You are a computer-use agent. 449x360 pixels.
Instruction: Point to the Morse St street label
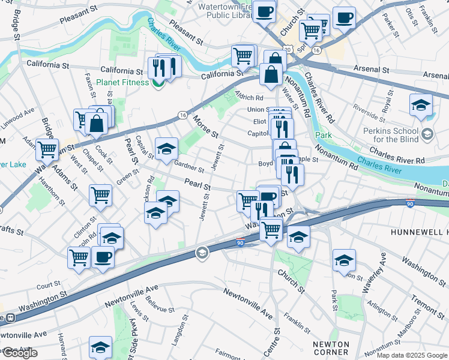(205, 126)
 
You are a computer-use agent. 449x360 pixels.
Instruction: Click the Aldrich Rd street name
(250, 97)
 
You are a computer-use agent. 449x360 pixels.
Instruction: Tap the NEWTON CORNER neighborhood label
(331, 349)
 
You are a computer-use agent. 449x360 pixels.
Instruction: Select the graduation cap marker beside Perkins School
(421, 104)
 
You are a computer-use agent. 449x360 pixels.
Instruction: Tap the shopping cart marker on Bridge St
(46, 150)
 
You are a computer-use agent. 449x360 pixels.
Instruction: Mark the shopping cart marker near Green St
(100, 194)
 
